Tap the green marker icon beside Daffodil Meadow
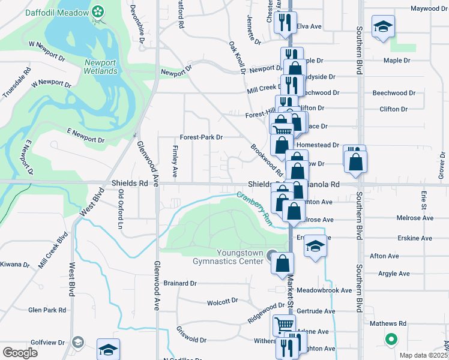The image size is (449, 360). click(98, 11)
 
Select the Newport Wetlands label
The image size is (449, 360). click(100, 67)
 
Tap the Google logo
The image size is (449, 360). click(20, 353)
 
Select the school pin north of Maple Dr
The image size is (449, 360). click(382, 27)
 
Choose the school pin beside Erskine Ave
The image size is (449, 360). click(315, 247)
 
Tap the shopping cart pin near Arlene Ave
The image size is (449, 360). click(283, 325)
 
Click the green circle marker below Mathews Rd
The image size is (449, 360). click(391, 340)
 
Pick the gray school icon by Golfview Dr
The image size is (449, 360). click(77, 342)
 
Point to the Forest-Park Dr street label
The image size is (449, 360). click(201, 137)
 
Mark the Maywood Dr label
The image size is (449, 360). click(430, 8)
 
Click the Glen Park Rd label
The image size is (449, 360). click(47, 310)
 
